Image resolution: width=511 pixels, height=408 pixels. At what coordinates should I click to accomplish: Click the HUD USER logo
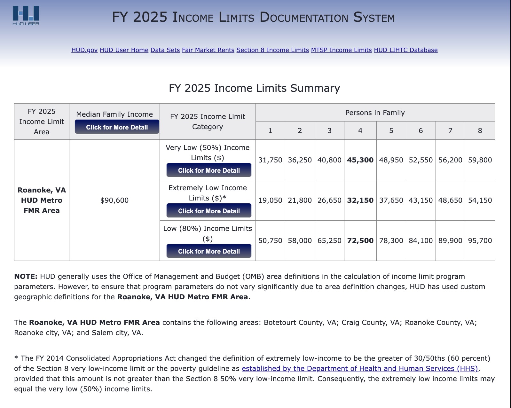click(x=26, y=15)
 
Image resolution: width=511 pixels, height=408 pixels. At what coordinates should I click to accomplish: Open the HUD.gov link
click(x=84, y=50)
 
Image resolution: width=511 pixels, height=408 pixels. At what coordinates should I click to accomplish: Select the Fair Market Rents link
click(x=208, y=50)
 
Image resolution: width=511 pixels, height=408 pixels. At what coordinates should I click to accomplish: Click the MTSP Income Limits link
click(x=341, y=50)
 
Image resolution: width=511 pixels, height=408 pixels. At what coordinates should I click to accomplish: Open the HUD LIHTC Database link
click(x=405, y=50)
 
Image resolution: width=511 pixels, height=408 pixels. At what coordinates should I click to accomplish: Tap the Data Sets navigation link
click(x=165, y=50)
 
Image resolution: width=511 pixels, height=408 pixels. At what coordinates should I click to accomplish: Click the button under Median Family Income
click(x=117, y=127)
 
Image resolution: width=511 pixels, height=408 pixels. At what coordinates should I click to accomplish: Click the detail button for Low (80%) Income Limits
click(x=209, y=251)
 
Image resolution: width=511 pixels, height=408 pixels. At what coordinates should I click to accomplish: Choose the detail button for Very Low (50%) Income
click(x=209, y=170)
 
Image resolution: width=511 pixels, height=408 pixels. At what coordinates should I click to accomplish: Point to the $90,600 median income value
click(x=114, y=200)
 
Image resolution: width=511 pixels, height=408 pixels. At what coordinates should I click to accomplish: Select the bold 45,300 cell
click(x=360, y=160)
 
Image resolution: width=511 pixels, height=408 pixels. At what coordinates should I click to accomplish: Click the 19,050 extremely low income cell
click(x=270, y=200)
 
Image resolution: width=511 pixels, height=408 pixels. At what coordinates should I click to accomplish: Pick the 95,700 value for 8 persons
click(x=480, y=240)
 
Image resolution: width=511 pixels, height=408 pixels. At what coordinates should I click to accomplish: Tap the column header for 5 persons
click(x=391, y=130)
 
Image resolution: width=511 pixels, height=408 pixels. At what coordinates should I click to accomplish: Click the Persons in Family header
click(x=375, y=113)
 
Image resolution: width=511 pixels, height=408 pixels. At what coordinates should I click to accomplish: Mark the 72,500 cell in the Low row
click(x=360, y=240)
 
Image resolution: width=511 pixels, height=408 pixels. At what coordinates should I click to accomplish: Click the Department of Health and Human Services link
click(x=360, y=368)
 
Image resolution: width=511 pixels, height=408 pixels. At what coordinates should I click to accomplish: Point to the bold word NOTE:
click(x=26, y=276)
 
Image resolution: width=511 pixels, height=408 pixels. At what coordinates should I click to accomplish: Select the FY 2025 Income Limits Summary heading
click(x=254, y=88)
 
